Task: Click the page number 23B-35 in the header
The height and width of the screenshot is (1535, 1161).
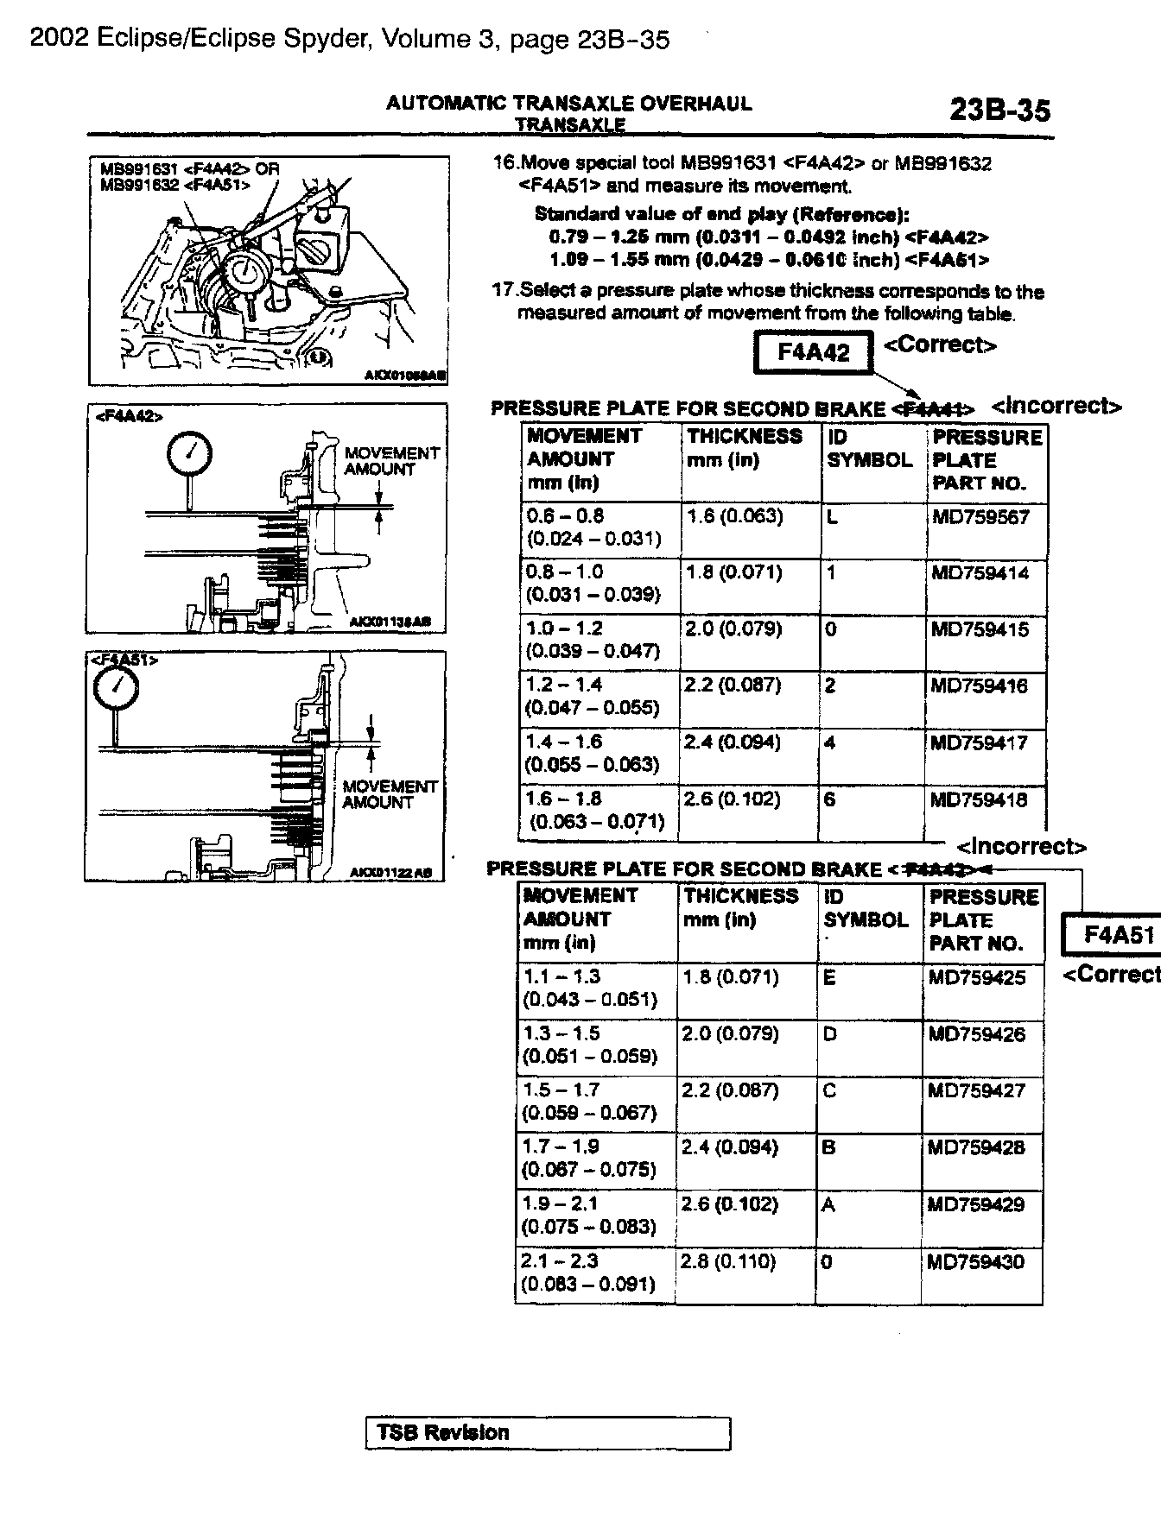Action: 999,111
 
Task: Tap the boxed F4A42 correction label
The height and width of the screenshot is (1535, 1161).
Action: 813,352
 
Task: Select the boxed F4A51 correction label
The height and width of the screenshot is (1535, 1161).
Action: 1118,935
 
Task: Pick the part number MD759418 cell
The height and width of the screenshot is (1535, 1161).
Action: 979,799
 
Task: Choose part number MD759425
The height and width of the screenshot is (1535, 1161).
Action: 977,977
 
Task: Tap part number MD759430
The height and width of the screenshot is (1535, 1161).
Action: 975,1262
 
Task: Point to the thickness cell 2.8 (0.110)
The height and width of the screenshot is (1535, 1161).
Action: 728,1262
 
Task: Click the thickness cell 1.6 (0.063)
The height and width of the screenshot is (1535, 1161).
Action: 734,516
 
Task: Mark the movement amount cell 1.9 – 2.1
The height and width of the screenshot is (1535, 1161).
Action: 561,1204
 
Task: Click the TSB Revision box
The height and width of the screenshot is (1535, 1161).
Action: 549,1433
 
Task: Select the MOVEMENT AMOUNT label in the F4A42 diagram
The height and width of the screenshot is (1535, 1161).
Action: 391,461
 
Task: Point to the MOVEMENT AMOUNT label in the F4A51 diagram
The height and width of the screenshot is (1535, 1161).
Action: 389,794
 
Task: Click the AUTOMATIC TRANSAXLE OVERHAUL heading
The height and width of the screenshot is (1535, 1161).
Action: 568,104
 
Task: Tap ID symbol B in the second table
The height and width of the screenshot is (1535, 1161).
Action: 828,1148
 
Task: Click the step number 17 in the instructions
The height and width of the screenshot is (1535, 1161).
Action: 504,291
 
